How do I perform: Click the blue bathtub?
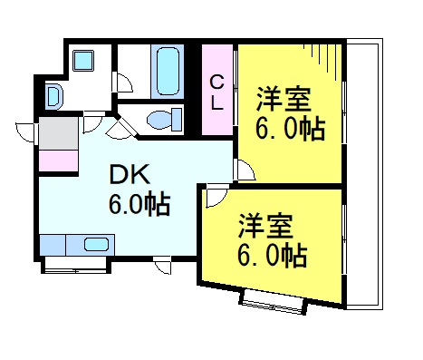168,72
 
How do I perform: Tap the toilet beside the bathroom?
163,120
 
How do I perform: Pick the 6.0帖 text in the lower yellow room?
272,254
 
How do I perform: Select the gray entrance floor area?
58,134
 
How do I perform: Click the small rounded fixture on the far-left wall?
52,94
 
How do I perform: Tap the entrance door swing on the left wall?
27,129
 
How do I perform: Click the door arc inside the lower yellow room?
213,197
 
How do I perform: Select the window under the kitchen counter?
76,265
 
